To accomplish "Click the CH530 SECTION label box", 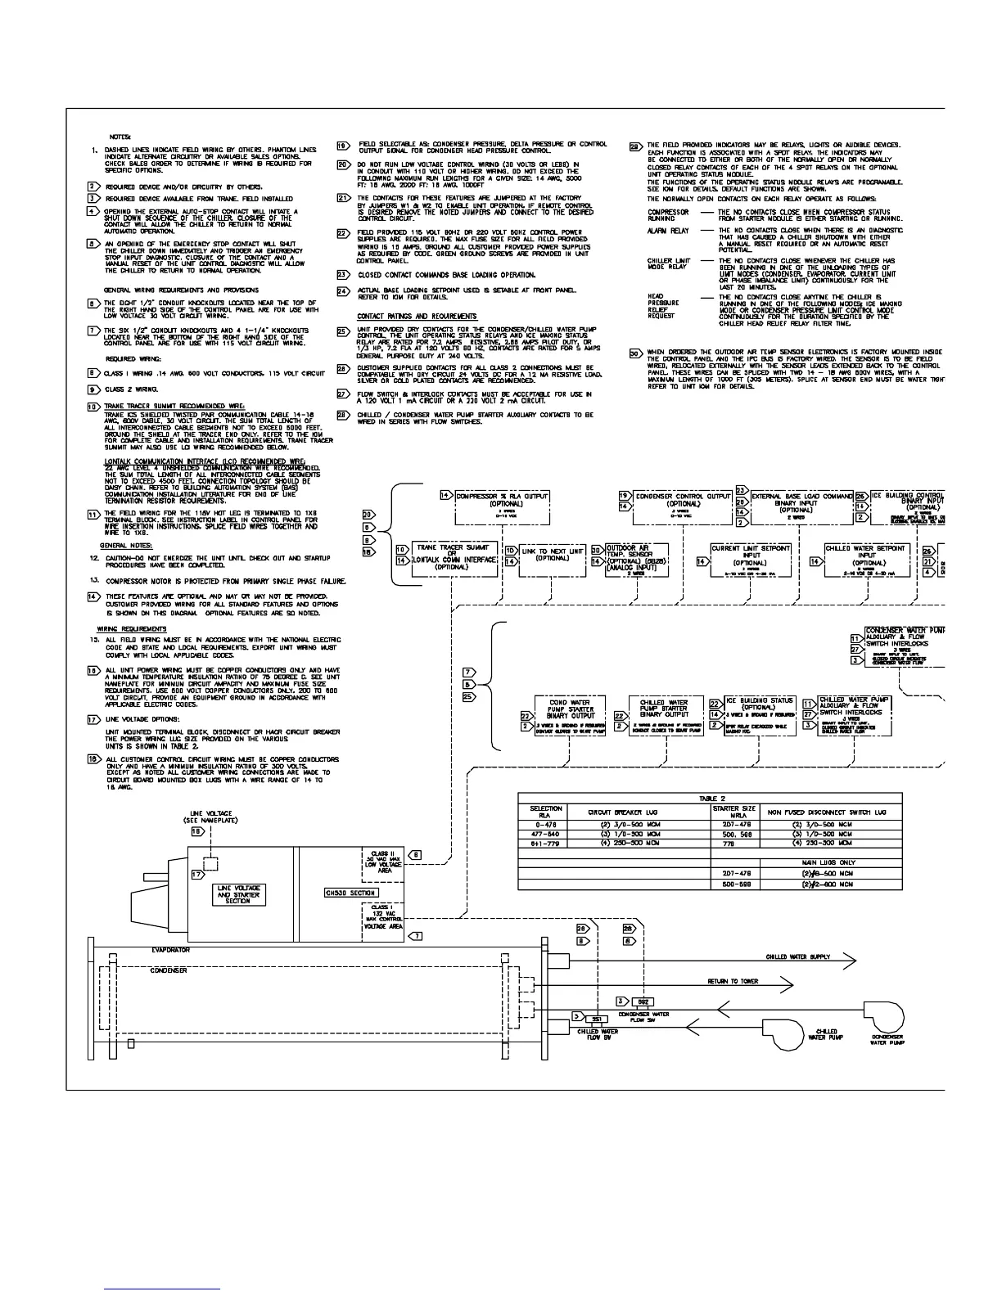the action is click(351, 893).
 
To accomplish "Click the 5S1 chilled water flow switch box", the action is click(595, 1018).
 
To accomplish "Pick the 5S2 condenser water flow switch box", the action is click(643, 1001).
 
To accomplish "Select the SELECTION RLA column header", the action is click(546, 812).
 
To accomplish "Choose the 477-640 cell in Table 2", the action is click(546, 834).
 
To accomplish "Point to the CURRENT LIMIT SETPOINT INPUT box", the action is click(750, 560).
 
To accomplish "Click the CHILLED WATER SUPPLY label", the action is click(797, 956).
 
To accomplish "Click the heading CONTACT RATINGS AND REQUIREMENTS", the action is click(417, 317).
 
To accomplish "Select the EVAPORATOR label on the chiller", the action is click(170, 951).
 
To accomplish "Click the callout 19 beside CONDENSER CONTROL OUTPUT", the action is click(624, 496).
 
